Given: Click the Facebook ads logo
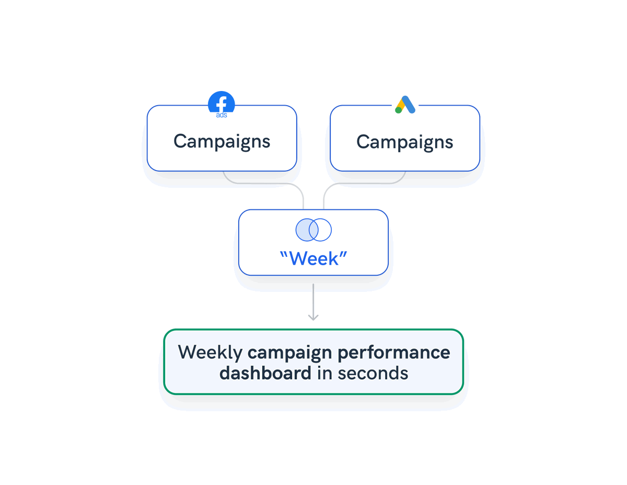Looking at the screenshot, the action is pos(222,104).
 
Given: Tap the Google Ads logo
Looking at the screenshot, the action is pos(405,105).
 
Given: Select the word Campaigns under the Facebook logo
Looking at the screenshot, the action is pos(222,142).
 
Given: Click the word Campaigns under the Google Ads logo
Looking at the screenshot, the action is pos(405,142).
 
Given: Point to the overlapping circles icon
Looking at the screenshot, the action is pos(313,230).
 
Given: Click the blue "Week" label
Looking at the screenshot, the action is pos(313,258).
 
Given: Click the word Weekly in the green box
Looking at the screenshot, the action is pos(210,353).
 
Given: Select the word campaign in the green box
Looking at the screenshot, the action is pos(289,353).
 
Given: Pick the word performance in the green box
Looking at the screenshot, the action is pos(394,353).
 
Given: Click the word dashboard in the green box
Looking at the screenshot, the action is pos(265,373).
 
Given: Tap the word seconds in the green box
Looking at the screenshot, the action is pos(373,373).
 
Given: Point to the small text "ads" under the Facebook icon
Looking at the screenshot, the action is pos(222,115).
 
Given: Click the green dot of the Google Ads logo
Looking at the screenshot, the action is pos(399,110).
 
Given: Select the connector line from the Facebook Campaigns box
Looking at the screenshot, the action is pos(263,183).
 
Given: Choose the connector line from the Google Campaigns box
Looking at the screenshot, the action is pos(364,183).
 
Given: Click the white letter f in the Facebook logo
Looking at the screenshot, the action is pos(222,104).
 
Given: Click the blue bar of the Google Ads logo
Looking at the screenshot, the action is pos(409,104).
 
